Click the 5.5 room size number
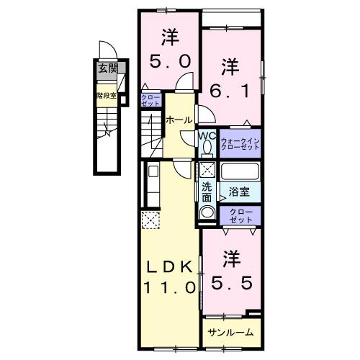point(230,270)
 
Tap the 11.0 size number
point(170,287)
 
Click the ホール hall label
point(179,120)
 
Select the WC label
point(207,135)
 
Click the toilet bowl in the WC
point(207,148)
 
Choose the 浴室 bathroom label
point(240,193)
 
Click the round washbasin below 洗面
point(207,214)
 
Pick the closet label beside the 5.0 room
point(150,102)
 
